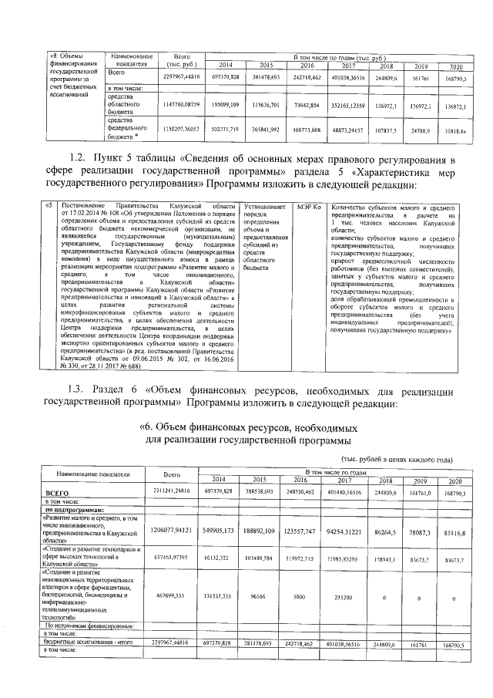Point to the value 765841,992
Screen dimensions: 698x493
click(267, 129)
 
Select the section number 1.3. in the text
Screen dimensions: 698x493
click(81, 388)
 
